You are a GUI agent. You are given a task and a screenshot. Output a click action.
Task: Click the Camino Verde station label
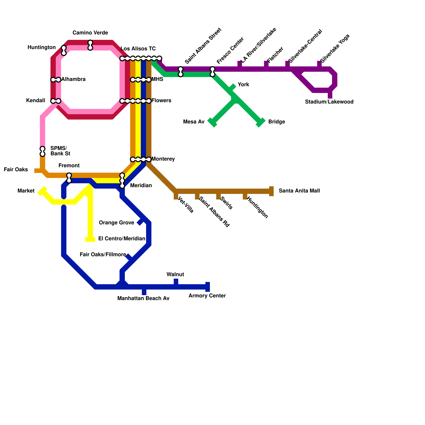tap(90, 33)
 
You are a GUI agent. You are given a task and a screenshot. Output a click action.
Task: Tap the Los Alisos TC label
tap(138, 49)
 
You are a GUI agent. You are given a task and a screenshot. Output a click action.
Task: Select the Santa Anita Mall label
tap(299, 191)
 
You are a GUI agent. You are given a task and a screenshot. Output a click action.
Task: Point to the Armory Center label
tap(207, 296)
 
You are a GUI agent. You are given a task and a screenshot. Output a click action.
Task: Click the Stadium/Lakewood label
tap(329, 102)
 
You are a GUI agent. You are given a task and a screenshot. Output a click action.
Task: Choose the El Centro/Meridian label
tap(122, 239)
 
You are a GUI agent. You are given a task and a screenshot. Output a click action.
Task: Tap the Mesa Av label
tap(194, 122)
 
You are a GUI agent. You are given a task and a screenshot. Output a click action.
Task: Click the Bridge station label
tap(277, 122)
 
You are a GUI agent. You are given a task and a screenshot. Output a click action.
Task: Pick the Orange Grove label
tap(116, 223)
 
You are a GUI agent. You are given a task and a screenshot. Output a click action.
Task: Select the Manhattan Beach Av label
tap(143, 299)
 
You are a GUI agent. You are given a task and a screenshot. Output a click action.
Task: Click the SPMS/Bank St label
tap(60, 151)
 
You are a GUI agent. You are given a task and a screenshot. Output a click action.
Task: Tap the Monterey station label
tap(163, 159)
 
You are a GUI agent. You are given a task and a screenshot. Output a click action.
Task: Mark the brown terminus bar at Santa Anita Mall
tap(271, 191)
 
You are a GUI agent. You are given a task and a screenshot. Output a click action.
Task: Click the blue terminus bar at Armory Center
tap(208, 287)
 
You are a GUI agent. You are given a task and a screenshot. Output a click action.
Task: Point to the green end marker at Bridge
tap(261, 122)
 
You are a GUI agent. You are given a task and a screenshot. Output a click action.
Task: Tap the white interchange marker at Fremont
tap(69, 178)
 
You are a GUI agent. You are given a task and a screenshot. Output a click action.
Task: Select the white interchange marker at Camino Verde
tap(90, 45)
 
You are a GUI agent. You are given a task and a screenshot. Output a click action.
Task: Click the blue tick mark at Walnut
tap(176, 283)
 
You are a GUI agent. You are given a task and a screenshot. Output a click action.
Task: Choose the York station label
tap(243, 85)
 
